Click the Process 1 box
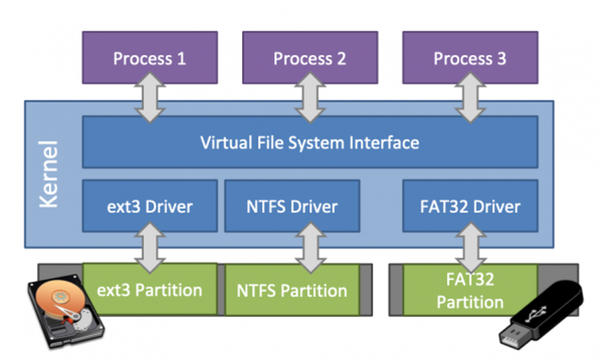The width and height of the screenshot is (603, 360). (x=150, y=59)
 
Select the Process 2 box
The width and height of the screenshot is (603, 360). (x=309, y=59)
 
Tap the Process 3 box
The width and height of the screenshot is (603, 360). (x=469, y=59)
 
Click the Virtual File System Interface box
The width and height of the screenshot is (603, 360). (x=309, y=142)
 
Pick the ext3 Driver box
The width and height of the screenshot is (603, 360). (x=149, y=207)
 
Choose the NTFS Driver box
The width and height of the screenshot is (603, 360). (x=291, y=207)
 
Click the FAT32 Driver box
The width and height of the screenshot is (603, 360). (x=469, y=207)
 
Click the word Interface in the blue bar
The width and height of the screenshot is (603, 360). (x=382, y=142)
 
